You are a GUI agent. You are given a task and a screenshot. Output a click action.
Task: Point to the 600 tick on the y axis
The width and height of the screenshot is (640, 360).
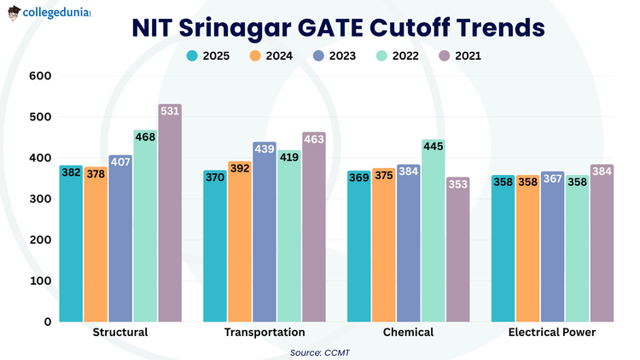(x=41, y=76)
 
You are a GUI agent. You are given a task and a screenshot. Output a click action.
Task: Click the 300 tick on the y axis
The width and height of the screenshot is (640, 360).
(x=41, y=199)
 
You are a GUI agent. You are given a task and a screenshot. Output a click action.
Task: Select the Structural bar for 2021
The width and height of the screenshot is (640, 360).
(x=170, y=213)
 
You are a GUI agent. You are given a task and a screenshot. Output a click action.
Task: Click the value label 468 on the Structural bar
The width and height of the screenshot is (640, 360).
(x=145, y=136)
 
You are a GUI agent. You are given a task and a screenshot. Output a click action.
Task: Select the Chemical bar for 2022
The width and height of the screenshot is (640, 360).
(x=433, y=230)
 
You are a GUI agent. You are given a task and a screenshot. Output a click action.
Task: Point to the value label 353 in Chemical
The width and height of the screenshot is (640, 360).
(x=457, y=183)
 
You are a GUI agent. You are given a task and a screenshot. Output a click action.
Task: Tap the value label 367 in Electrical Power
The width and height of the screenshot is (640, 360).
(x=552, y=178)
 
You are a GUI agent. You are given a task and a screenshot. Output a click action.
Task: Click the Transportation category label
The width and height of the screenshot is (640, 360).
(x=264, y=332)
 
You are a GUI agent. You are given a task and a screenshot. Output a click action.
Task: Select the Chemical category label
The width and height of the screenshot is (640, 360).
(x=408, y=332)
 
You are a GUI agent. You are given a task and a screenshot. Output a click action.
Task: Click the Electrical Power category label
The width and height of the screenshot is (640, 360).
(x=552, y=332)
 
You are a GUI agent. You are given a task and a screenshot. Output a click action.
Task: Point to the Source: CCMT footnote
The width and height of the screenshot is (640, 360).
(x=320, y=351)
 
